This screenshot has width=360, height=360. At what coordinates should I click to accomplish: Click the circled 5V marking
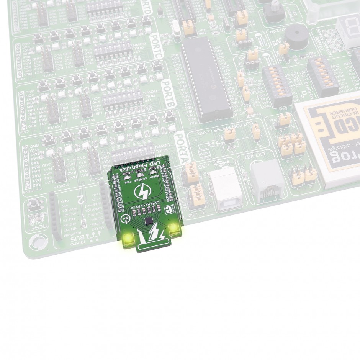125,219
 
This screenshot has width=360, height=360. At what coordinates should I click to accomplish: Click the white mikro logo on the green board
167,209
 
